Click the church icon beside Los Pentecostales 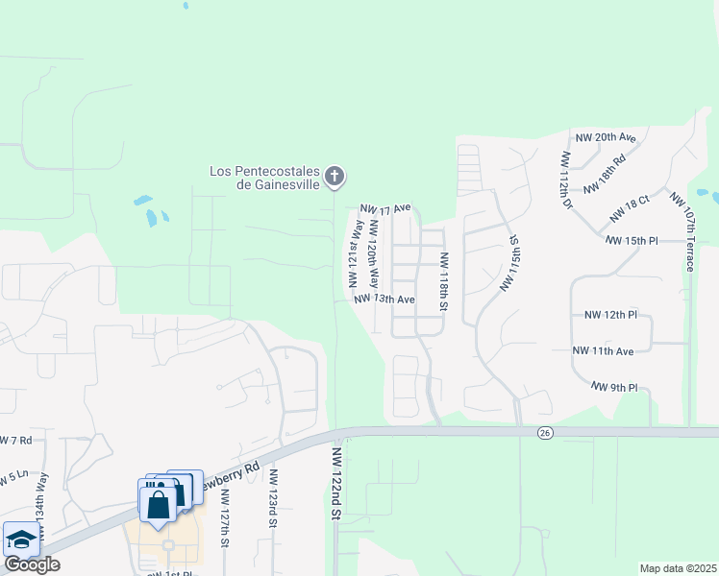click(x=335, y=176)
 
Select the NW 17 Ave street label click(x=385, y=208)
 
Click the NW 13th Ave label click(x=384, y=300)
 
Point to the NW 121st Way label click(x=355, y=252)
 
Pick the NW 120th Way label click(x=373, y=252)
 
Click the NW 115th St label click(x=509, y=262)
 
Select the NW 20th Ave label click(x=606, y=138)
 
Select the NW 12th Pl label click(x=610, y=315)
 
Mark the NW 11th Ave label click(x=603, y=351)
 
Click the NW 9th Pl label click(x=614, y=387)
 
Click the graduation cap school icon click(x=20, y=540)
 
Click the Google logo click(x=31, y=564)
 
